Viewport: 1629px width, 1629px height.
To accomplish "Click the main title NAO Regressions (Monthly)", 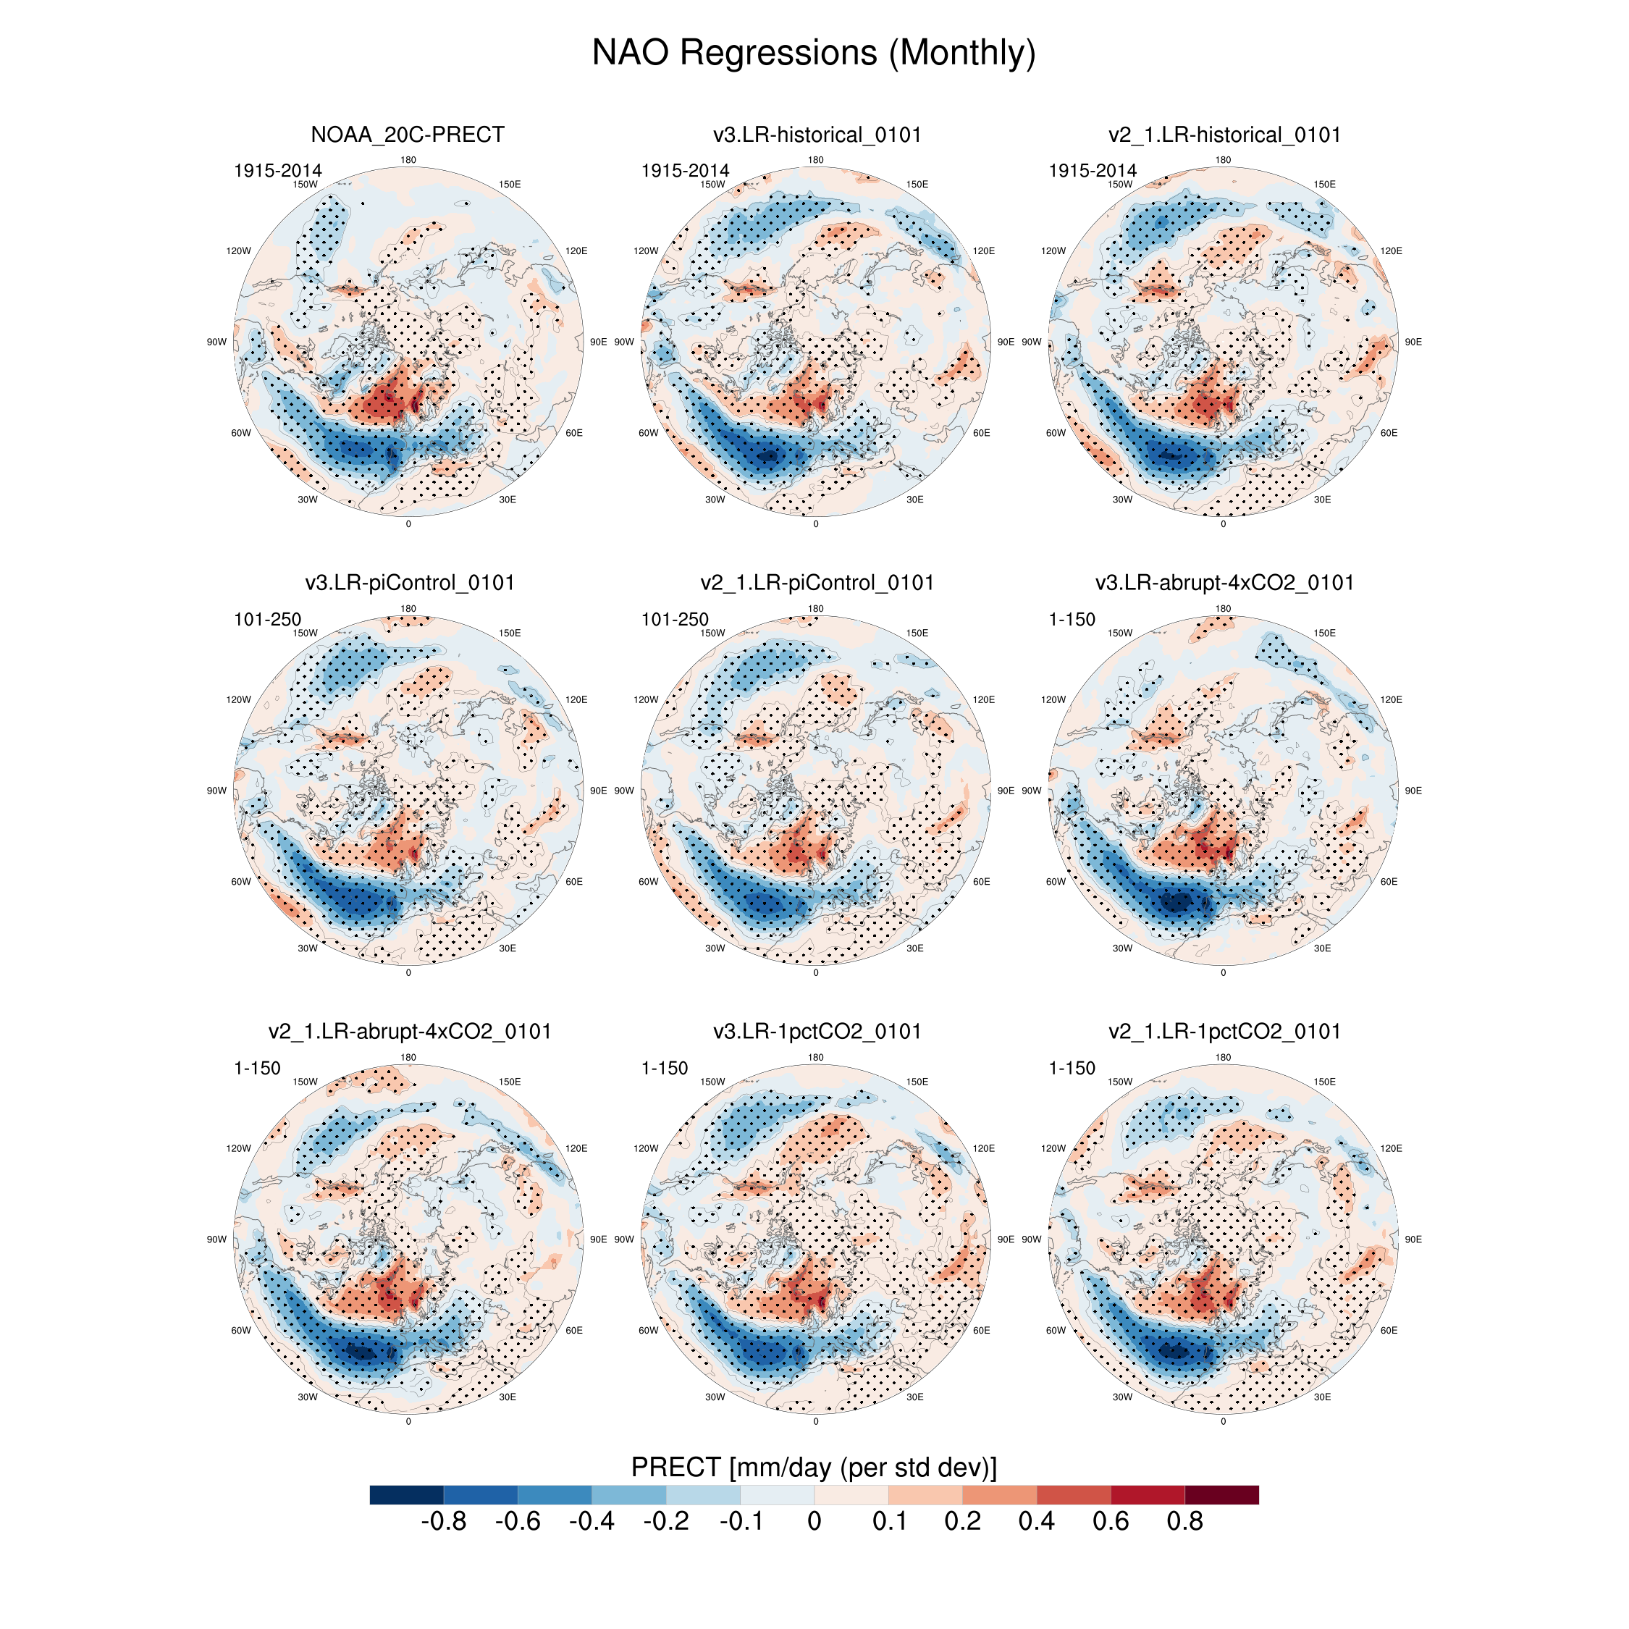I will point(814,52).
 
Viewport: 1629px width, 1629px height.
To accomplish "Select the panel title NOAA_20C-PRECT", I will point(407,135).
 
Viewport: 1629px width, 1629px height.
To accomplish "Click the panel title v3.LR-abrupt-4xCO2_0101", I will point(1224,583).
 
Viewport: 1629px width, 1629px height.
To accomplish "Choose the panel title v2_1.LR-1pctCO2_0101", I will point(1224,1031).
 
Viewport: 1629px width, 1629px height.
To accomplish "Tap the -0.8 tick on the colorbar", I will point(444,1522).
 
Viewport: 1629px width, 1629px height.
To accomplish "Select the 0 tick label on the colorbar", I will point(814,1522).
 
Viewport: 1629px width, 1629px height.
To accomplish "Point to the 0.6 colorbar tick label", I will point(1111,1522).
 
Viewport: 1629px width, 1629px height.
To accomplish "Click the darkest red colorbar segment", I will point(1222,1495).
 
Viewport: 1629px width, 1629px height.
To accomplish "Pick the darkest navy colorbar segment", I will point(406,1495).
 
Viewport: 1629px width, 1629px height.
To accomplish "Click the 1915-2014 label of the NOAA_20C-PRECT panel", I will point(277,171).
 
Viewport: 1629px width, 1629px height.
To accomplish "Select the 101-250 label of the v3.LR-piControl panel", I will point(267,620).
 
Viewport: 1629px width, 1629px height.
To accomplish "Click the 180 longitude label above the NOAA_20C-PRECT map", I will point(408,160).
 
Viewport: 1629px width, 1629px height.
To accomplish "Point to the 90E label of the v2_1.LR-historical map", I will point(1413,342).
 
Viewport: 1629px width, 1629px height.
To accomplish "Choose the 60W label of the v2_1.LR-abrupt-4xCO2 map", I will point(241,1331).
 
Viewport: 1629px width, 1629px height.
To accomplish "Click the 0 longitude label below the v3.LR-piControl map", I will point(408,973).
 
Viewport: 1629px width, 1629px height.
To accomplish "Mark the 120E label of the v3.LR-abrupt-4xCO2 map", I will point(1392,700).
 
